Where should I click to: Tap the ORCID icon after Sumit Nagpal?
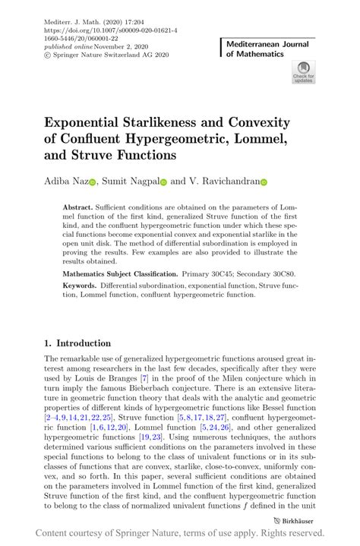pyautogui.click(x=163, y=182)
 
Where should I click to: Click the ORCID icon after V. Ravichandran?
pyautogui.click(x=265, y=182)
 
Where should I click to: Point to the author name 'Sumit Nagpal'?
pyautogui.click(x=130, y=181)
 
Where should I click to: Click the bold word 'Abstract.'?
pyautogui.click(x=79, y=207)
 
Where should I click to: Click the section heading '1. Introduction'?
pyautogui.click(x=77, y=343)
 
